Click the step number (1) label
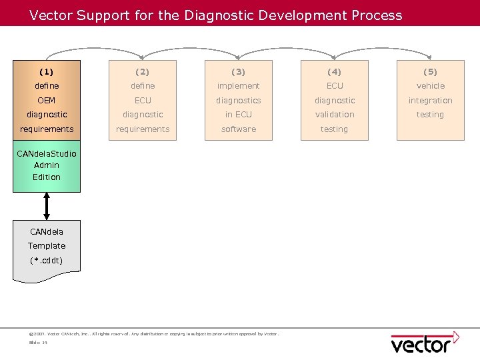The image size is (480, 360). coord(47,71)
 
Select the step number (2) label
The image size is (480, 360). coord(143,71)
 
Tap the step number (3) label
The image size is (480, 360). coord(239,71)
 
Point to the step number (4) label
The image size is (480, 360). coord(335,71)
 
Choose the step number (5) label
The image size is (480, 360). coord(430,71)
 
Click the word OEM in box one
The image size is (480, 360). coord(47,101)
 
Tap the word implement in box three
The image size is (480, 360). coord(239,86)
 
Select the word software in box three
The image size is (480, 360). coord(239,129)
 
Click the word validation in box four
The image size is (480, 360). coord(335,115)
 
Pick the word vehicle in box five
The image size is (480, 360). coord(430,86)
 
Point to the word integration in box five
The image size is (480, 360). coord(430,101)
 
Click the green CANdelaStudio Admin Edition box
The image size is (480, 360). coord(47,166)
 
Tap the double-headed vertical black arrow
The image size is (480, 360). coord(47,206)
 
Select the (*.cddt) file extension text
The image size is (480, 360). coord(47,261)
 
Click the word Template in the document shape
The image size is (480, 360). coord(47,246)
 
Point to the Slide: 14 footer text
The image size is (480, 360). coord(38,343)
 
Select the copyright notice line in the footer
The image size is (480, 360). coord(154,333)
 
